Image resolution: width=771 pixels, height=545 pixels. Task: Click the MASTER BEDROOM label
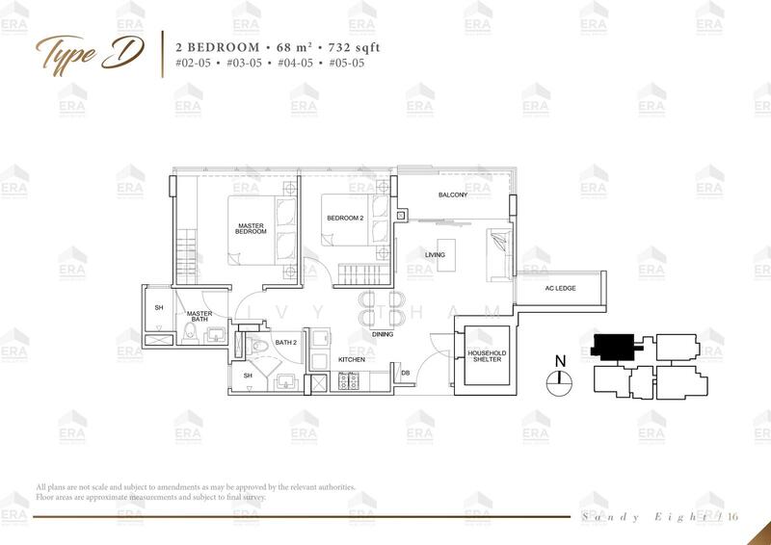[x=252, y=230]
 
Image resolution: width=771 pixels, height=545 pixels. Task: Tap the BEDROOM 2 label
[x=344, y=218]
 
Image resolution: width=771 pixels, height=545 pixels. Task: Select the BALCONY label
[x=453, y=195]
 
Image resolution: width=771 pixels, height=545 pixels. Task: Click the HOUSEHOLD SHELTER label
[x=487, y=357]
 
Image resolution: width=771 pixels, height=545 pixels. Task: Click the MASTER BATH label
[x=200, y=318]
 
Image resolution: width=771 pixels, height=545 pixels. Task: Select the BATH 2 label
[x=284, y=342]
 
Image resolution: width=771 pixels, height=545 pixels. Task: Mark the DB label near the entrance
[x=406, y=373]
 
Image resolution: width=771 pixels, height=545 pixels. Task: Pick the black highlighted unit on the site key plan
[x=613, y=344]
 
